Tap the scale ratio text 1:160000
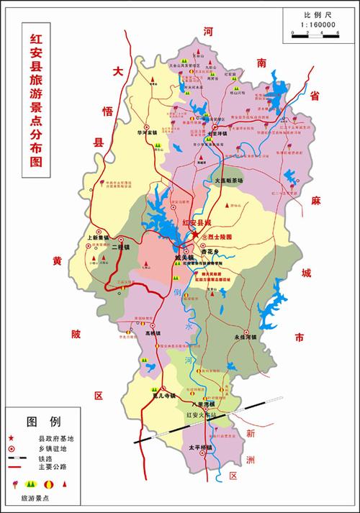click(315, 25)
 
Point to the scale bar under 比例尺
click(314, 34)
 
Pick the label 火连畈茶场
click(230, 179)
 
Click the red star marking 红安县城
click(194, 235)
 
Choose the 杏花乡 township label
click(215, 251)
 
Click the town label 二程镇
click(120, 248)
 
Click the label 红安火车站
click(200, 416)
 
